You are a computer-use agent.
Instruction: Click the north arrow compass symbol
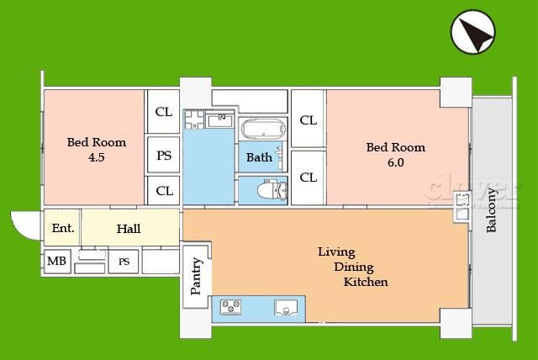472,32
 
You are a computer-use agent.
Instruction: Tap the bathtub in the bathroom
263,129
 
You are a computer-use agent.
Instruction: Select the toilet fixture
272,190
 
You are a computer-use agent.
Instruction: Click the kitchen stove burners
230,307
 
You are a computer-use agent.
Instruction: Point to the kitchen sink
286,307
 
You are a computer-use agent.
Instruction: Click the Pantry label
196,276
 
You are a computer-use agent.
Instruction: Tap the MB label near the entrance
56,261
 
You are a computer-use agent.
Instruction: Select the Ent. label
63,228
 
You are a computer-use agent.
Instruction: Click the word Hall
129,229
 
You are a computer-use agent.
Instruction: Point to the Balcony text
491,210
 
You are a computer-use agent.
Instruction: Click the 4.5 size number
97,157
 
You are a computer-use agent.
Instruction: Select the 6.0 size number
396,162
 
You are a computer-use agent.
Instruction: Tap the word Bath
259,157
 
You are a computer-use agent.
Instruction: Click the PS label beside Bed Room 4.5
164,156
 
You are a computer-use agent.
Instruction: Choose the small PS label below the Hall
124,262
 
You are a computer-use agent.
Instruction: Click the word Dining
354,267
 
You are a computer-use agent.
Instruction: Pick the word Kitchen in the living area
366,282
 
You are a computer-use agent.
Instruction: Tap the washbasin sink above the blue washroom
220,120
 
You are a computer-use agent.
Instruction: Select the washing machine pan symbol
194,119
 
